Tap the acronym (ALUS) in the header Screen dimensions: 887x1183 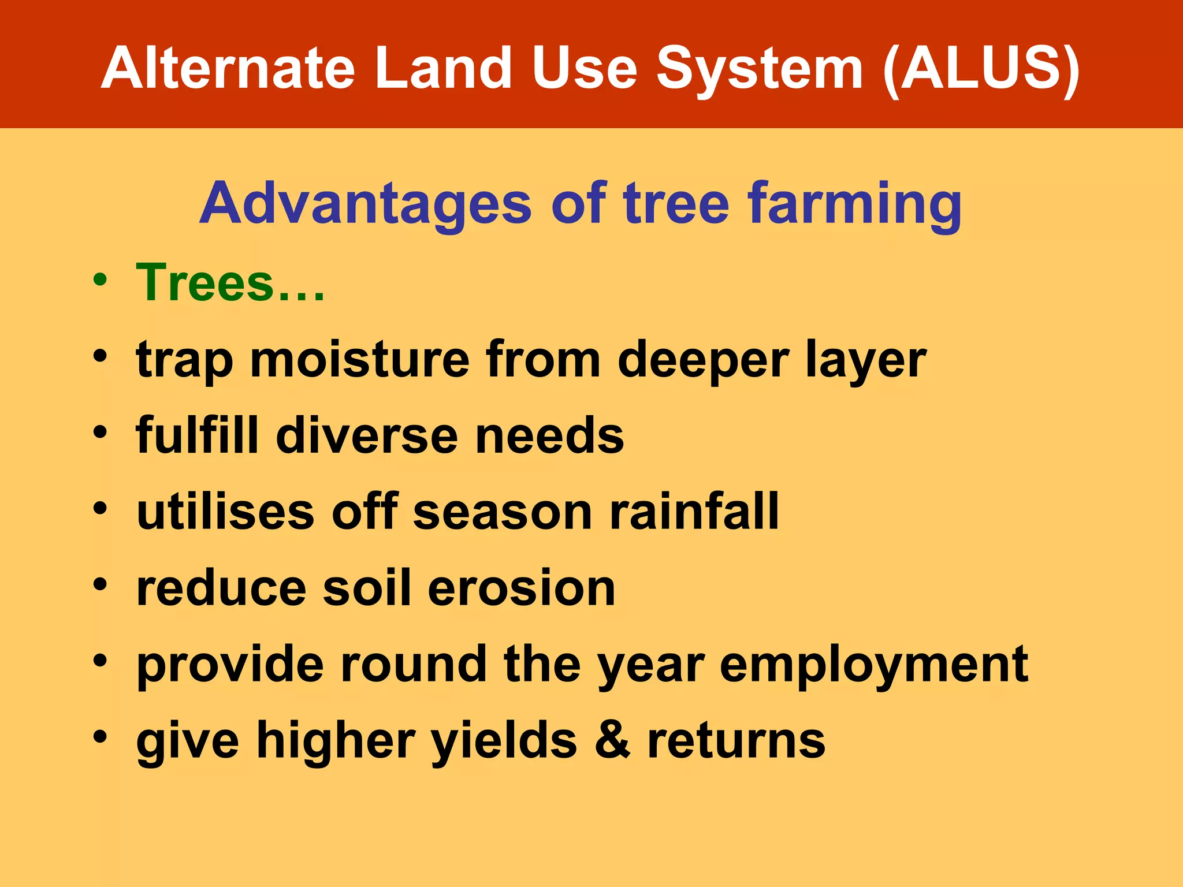(981, 69)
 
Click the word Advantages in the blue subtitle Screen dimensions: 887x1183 (365, 204)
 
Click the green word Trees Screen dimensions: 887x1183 (205, 283)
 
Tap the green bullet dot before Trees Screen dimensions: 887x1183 (101, 280)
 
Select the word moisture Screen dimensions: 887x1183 (359, 360)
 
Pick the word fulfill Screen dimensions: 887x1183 (196, 435)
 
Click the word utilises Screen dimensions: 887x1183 (226, 512)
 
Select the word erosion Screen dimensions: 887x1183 (522, 588)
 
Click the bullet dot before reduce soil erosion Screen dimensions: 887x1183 (101, 584)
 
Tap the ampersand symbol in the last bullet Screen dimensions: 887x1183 (612, 741)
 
